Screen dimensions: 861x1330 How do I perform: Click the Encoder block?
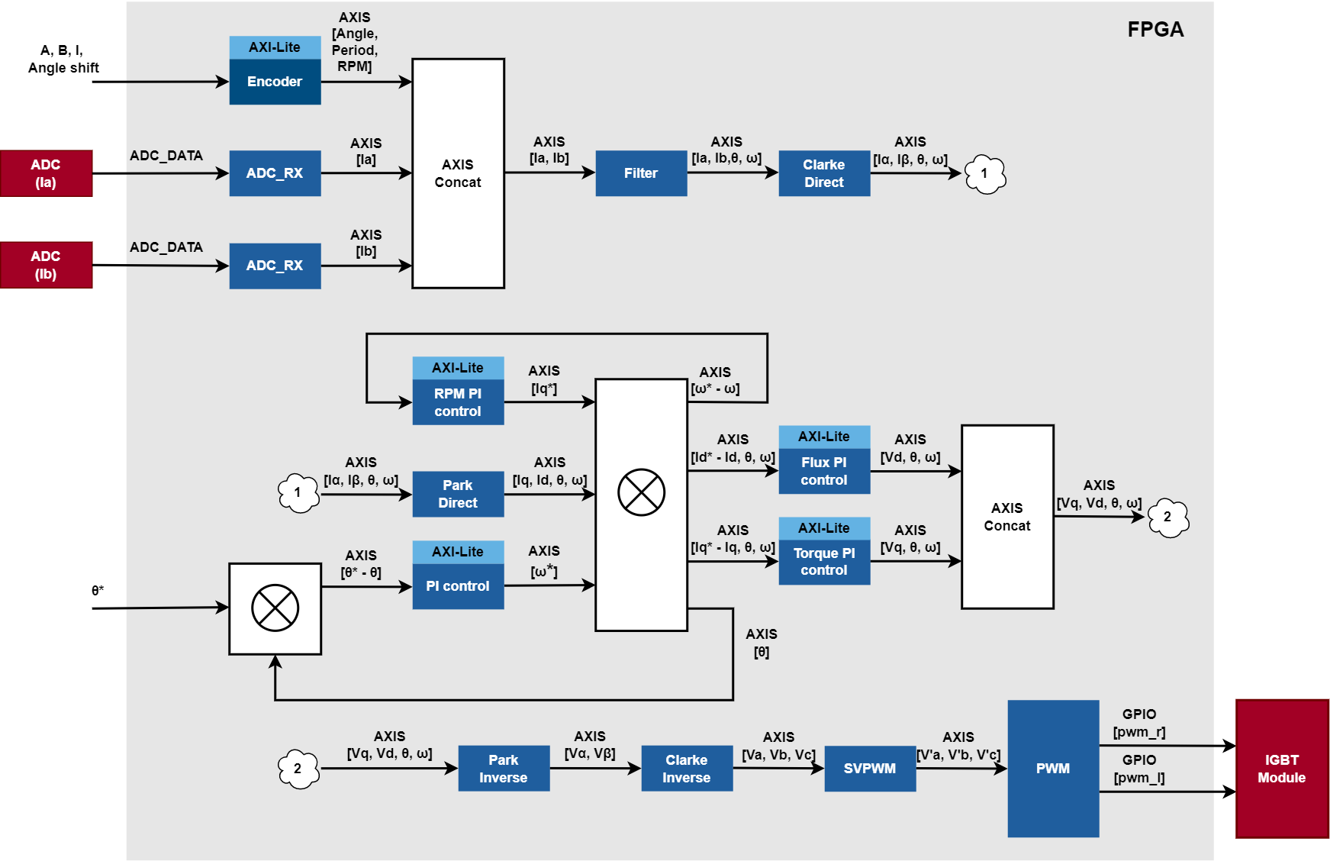click(x=275, y=82)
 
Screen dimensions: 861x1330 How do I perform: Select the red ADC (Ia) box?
click(x=46, y=173)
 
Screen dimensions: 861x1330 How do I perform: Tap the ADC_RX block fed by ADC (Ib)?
click(x=275, y=266)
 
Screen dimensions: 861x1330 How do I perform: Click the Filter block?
click(x=641, y=173)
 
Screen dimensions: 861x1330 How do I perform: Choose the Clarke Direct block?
click(x=824, y=173)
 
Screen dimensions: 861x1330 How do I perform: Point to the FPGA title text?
click(x=1155, y=30)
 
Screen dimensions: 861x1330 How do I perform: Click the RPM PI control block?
click(x=458, y=402)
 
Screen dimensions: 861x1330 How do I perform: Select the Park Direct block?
click(x=458, y=494)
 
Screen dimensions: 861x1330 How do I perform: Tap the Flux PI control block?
click(x=824, y=471)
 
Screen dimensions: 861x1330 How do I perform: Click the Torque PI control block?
click(x=824, y=562)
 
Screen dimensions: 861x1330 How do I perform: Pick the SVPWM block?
click(x=870, y=769)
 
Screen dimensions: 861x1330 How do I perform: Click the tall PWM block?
click(x=1053, y=769)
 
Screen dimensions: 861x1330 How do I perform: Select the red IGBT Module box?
click(x=1282, y=769)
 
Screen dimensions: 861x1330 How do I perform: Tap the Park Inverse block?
click(x=504, y=769)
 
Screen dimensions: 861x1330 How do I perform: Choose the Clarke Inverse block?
click(x=687, y=769)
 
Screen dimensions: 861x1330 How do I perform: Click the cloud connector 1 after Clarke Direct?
click(x=985, y=174)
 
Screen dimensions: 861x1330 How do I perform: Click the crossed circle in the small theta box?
click(x=275, y=608)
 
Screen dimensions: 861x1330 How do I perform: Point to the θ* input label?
click(x=98, y=591)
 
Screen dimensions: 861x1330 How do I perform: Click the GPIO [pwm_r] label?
click(x=1139, y=723)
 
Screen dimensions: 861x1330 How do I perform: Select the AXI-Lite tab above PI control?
click(x=458, y=552)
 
